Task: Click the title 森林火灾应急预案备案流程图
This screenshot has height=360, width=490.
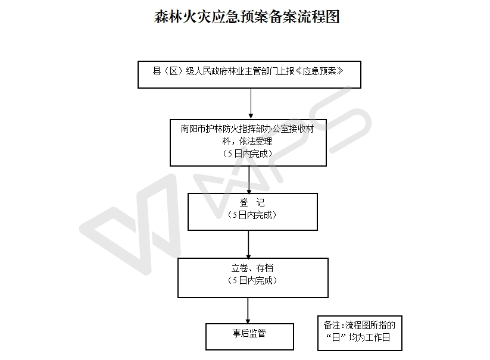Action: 246,16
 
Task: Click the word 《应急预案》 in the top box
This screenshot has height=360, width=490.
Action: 322,71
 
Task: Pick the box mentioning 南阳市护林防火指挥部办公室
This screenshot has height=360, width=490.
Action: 248,141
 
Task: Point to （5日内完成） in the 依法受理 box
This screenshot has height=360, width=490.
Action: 248,153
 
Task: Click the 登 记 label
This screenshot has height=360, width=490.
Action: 252,203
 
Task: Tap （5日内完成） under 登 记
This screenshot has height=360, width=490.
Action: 252,215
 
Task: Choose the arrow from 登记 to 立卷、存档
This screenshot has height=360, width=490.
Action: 249,244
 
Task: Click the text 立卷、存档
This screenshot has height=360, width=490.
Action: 252,268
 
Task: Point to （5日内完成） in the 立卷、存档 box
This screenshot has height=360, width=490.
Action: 252,280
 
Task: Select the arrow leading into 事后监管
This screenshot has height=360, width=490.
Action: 248,311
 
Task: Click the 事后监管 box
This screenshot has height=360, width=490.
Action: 249,336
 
